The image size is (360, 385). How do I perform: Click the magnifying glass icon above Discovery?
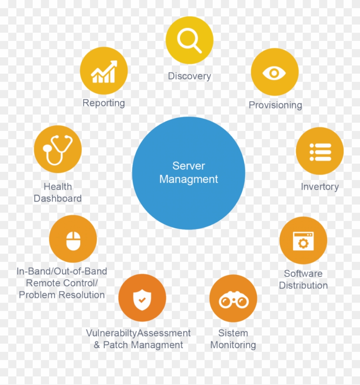(189, 41)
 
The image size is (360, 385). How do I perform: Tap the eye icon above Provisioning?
(274, 73)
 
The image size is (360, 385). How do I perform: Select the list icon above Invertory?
(320, 152)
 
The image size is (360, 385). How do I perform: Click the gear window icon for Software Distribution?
(303, 241)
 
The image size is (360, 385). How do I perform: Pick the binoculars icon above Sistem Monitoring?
(234, 299)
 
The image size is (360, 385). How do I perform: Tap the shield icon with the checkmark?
(142, 299)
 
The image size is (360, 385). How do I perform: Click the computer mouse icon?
(73, 241)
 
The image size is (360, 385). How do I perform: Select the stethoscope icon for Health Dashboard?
(58, 150)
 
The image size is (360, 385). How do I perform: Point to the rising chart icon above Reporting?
(104, 72)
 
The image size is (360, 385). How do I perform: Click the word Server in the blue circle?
(189, 166)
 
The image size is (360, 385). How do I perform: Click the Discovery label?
(189, 77)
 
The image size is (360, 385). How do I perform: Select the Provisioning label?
(275, 105)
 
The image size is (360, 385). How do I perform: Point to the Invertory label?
(320, 187)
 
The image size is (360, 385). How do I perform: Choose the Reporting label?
(103, 103)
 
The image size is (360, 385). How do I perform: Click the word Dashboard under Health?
(58, 198)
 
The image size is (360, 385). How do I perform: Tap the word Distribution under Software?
(303, 285)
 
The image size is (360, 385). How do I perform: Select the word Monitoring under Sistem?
(233, 345)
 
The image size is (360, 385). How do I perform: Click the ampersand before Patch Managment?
(97, 345)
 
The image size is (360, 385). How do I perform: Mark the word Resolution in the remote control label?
(82, 295)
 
